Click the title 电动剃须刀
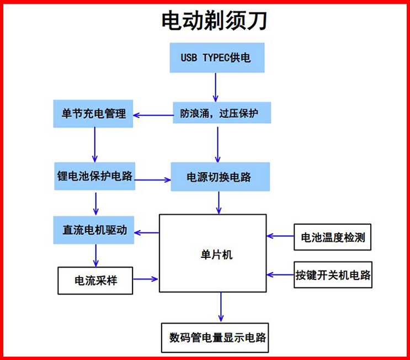(x=214, y=21)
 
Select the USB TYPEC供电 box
(x=216, y=57)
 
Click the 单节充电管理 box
(x=94, y=114)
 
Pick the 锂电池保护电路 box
(x=94, y=177)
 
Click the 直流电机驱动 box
(x=94, y=230)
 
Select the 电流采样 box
(x=95, y=280)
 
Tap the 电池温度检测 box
(x=332, y=238)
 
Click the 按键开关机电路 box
(x=333, y=274)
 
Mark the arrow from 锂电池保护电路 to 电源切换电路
(x=153, y=179)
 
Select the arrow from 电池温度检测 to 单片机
(x=280, y=236)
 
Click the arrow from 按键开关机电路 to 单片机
(x=280, y=273)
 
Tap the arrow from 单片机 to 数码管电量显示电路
(x=221, y=307)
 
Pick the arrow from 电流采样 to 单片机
(x=146, y=279)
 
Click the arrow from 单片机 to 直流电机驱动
(x=147, y=232)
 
